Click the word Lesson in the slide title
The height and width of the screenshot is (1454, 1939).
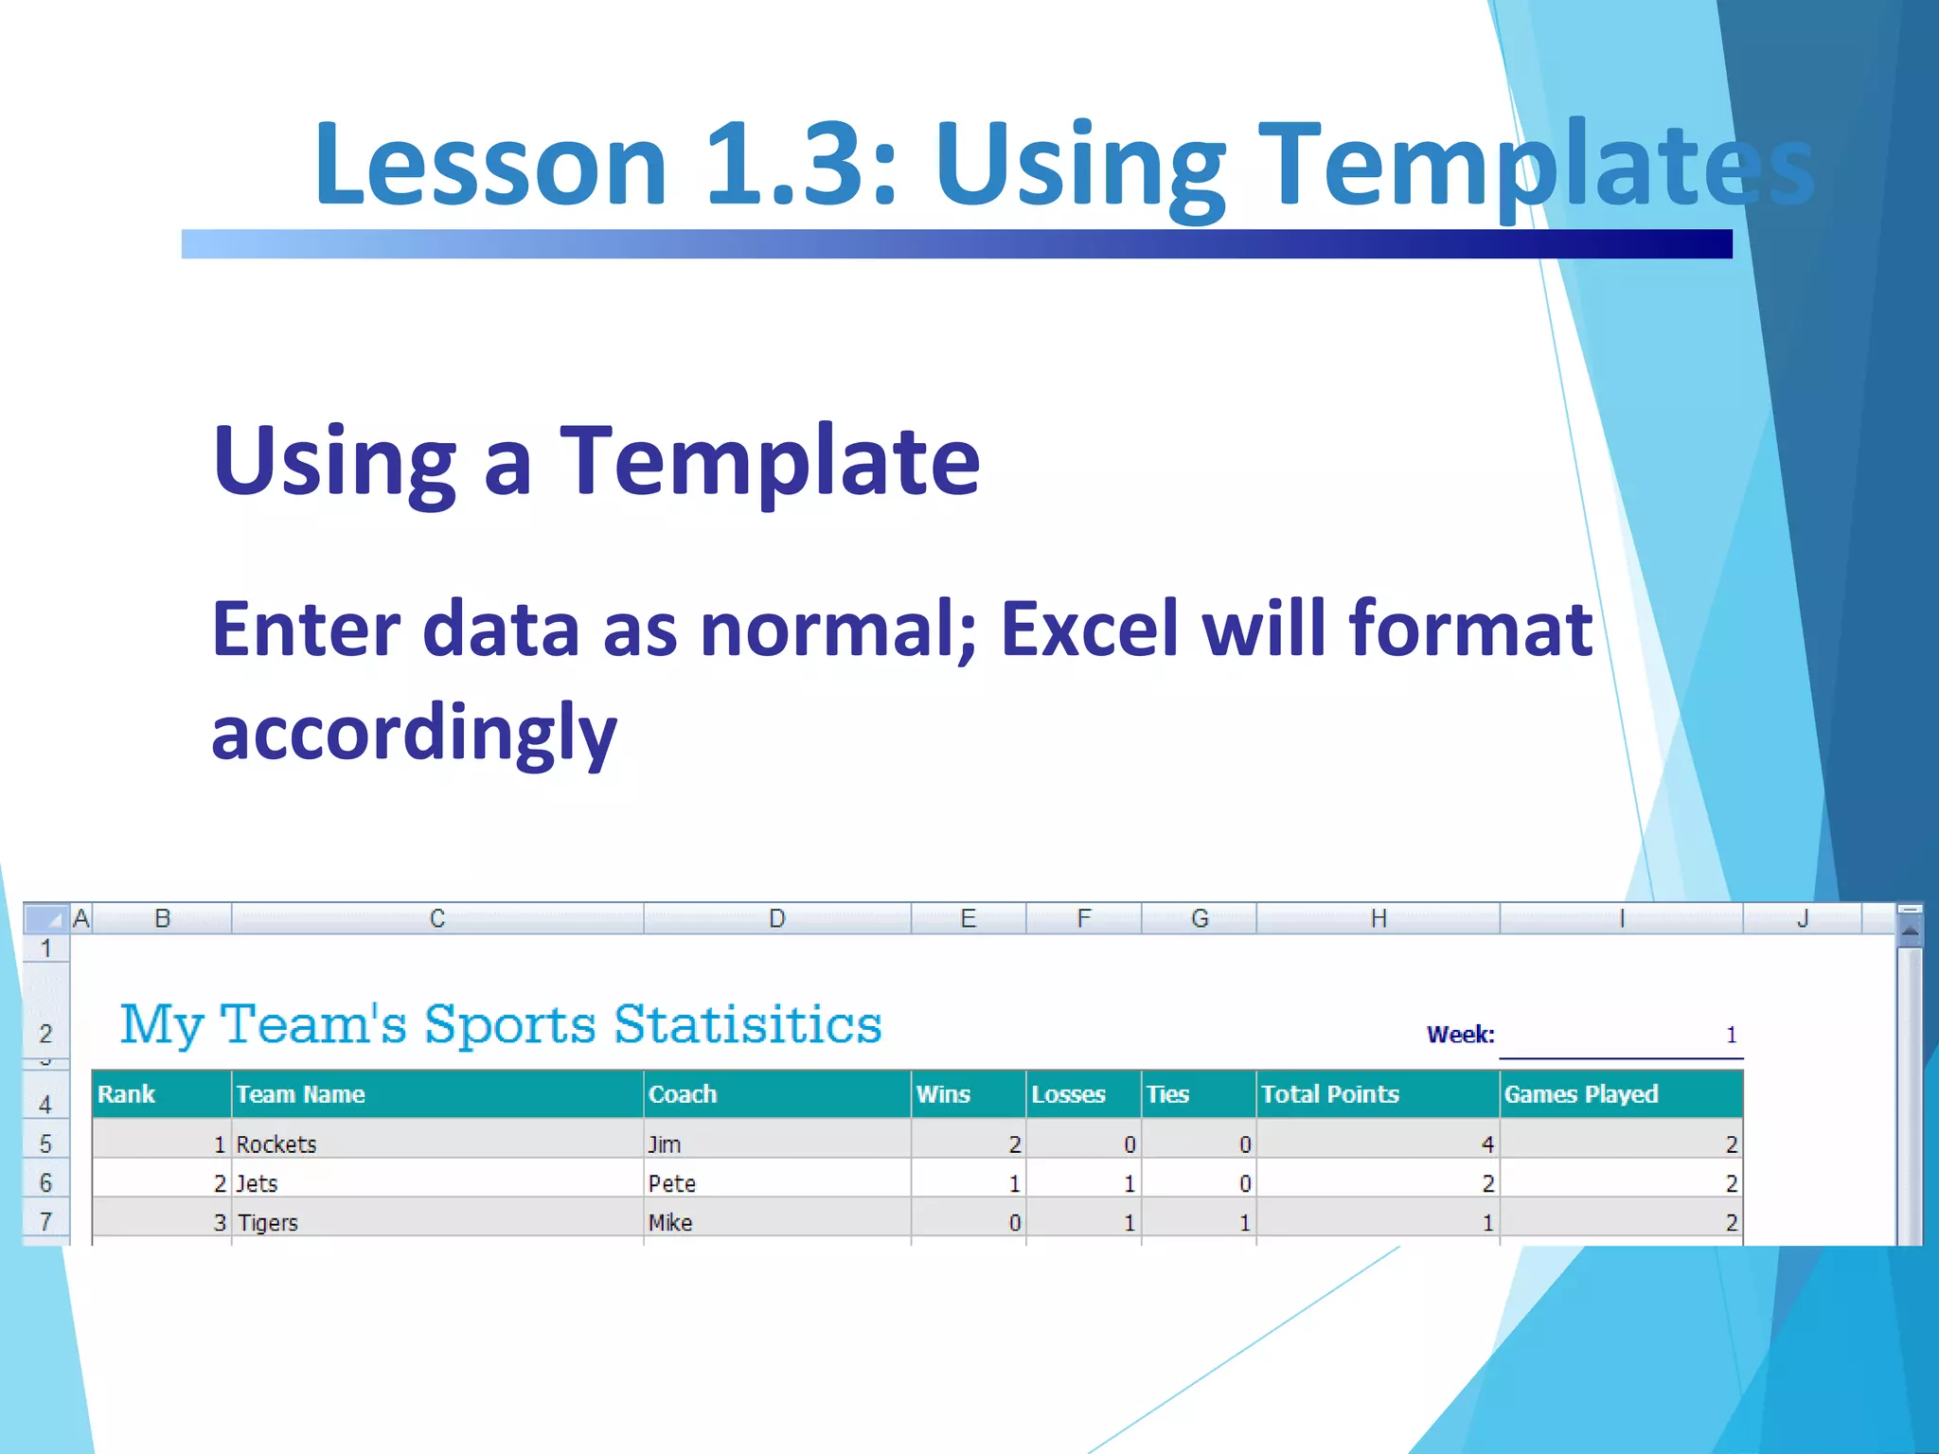pyautogui.click(x=490, y=166)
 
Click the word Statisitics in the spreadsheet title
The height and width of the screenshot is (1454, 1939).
pyautogui.click(x=748, y=1024)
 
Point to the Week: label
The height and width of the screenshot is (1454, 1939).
pyautogui.click(x=1460, y=1035)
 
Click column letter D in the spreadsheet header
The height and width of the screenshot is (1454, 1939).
pyautogui.click(x=776, y=918)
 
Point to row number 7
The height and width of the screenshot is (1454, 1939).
pyautogui.click(x=45, y=1222)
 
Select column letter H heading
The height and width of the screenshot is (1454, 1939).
pyautogui.click(x=1378, y=918)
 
